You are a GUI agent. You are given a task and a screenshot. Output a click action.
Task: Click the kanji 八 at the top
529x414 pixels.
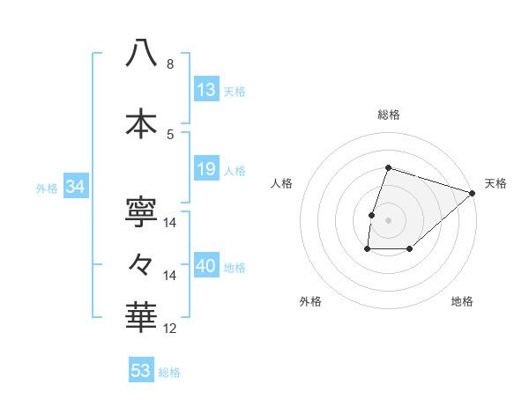point(141,53)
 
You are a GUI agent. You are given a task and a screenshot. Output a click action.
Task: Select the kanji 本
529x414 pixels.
point(141,122)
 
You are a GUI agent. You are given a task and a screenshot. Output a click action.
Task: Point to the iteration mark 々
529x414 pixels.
point(141,263)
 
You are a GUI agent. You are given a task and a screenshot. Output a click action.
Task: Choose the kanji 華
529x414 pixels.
point(141,317)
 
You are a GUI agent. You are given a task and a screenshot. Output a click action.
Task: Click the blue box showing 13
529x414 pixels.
point(206,90)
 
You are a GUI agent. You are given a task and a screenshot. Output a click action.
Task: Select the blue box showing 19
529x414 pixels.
point(206,169)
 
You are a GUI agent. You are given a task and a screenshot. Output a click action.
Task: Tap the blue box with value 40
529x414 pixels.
point(207,267)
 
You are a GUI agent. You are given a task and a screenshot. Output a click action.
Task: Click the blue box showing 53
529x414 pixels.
point(141,371)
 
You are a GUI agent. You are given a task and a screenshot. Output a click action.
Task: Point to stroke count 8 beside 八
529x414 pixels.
point(170,64)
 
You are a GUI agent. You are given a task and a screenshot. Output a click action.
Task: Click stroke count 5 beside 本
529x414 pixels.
point(170,134)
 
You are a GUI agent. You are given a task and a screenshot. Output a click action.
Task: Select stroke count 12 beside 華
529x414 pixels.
point(170,329)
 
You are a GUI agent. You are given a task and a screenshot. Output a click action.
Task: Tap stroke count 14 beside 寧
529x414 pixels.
point(170,223)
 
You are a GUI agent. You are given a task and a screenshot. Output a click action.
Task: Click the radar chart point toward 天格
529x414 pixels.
point(472,194)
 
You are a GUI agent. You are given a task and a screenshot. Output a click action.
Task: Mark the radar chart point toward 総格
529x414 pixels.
point(388,167)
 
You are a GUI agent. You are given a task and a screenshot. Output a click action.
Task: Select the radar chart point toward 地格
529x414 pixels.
point(410,250)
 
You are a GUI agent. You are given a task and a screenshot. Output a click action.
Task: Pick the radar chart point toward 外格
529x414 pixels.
point(367,250)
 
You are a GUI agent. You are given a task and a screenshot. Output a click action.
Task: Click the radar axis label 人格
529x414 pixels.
point(282,183)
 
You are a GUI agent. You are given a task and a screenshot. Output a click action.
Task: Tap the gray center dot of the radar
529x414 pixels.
point(388,220)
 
